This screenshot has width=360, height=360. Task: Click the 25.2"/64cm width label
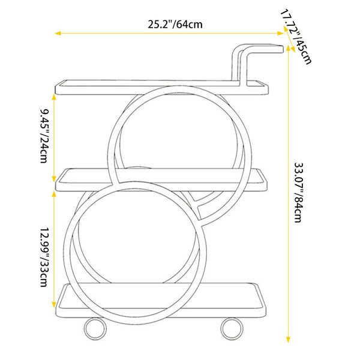(175, 25)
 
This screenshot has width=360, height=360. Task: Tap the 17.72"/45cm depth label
(296, 37)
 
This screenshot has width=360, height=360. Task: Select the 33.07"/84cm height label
(299, 193)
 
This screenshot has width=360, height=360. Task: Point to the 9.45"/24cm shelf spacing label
(44, 136)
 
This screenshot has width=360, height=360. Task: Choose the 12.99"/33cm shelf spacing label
(44, 257)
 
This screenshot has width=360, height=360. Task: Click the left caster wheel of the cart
(95, 329)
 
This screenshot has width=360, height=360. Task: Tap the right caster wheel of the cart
(232, 329)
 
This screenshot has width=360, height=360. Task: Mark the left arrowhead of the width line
(58, 34)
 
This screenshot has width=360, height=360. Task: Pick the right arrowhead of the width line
(281, 34)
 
